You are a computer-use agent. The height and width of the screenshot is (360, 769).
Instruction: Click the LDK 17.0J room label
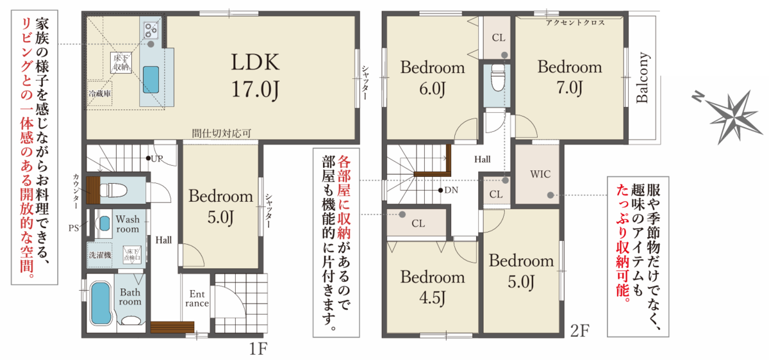255,76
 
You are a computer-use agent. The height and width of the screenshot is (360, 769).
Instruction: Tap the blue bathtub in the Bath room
101,304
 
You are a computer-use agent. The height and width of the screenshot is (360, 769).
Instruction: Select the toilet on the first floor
113,190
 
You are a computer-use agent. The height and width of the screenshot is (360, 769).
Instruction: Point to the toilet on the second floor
498,78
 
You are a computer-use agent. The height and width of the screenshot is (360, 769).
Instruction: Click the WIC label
540,174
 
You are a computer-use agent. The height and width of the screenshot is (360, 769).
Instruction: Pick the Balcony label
642,78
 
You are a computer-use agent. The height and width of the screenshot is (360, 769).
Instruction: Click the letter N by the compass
698,97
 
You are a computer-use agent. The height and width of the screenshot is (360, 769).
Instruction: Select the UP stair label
157,159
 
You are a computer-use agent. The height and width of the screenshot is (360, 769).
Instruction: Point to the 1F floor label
258,349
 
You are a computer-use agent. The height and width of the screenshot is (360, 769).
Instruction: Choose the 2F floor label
580,331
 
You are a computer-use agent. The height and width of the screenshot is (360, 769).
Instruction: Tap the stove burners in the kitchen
151,31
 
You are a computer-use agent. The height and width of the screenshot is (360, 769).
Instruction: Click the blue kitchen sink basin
151,79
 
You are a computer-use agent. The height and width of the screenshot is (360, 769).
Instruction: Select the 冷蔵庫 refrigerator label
99,94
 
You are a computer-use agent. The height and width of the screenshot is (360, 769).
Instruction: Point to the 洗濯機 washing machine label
100,255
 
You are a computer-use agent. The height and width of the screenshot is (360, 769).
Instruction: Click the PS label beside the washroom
74,228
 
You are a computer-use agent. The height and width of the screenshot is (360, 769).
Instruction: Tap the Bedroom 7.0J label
570,77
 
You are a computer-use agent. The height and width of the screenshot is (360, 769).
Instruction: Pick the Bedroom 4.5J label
432,287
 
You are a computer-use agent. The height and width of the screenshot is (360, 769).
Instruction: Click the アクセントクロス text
575,22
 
